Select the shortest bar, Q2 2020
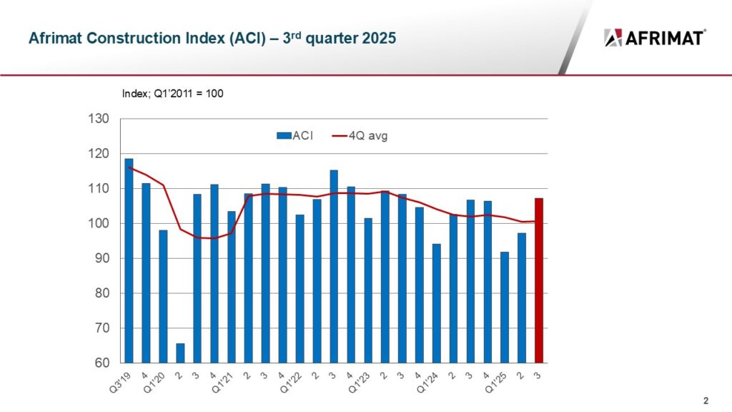180,353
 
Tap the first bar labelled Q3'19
129,261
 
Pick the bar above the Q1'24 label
437,303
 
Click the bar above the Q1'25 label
505,308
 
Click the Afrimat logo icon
613,37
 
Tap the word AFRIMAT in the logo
666,38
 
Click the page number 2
706,400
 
